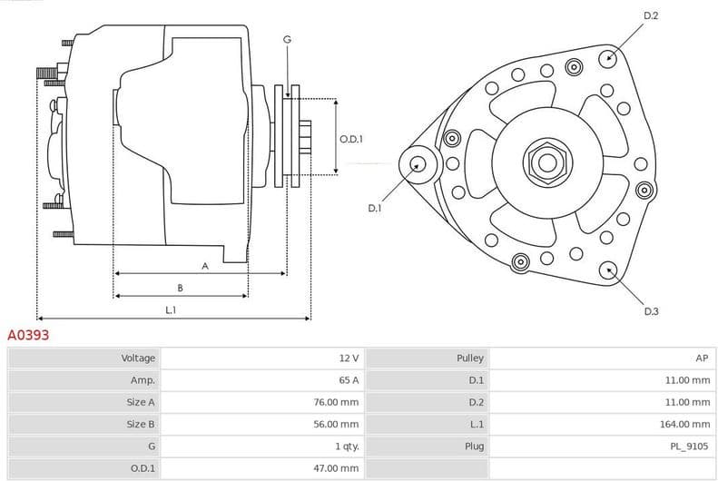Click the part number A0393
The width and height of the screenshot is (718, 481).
click(28, 335)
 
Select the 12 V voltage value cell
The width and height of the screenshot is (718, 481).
click(349, 358)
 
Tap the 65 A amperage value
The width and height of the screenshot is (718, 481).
click(349, 380)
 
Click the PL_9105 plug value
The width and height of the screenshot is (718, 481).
click(691, 447)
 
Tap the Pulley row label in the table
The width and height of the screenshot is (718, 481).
click(470, 358)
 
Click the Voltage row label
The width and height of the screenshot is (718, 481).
click(138, 358)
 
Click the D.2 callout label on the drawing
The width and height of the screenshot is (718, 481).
click(650, 15)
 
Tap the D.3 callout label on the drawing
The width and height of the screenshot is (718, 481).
click(651, 311)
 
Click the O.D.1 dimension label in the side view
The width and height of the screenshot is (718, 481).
click(351, 139)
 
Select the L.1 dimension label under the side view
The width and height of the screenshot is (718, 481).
click(171, 309)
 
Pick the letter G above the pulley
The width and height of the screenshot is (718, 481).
click(287, 39)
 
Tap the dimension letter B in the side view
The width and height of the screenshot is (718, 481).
click(180, 288)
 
